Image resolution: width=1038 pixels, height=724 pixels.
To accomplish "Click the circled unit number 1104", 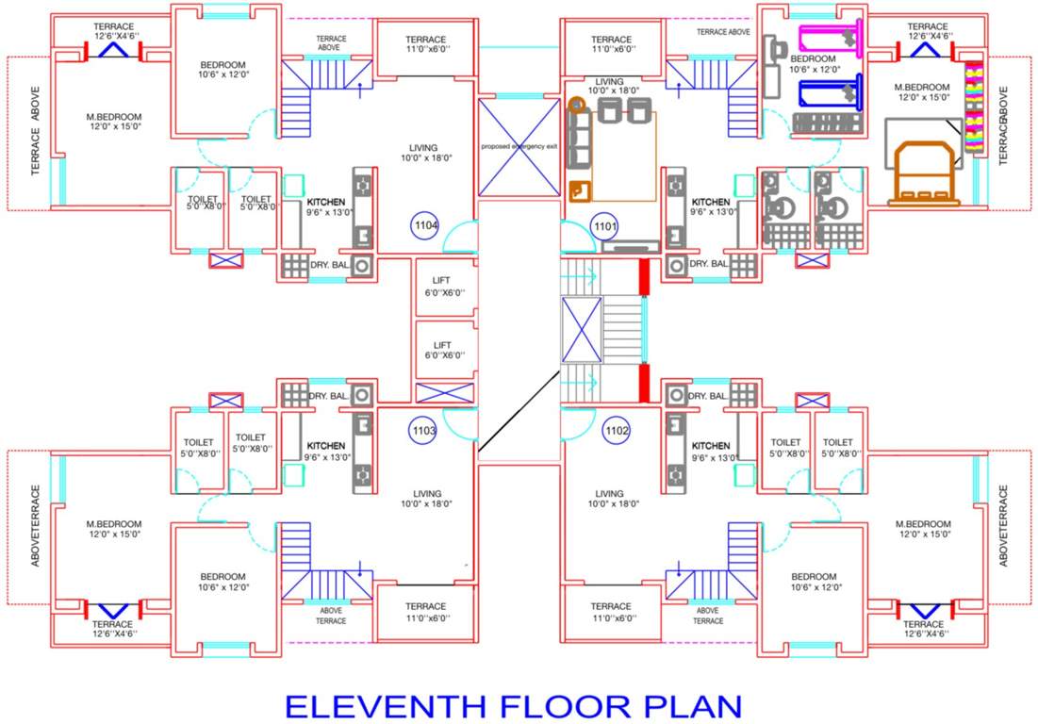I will click(x=425, y=226).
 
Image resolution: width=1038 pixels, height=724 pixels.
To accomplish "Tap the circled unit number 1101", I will click(x=604, y=226).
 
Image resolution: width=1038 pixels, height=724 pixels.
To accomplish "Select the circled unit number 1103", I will click(x=424, y=432).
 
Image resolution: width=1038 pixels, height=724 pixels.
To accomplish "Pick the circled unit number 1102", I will click(x=617, y=432).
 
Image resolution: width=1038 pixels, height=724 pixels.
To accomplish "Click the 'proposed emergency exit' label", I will click(x=519, y=147).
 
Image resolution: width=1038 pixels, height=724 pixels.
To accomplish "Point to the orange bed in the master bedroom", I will click(x=924, y=173).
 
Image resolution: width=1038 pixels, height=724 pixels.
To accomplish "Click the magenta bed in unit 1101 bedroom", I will click(x=831, y=39).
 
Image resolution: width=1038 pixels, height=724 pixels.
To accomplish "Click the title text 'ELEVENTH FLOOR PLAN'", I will click(x=514, y=705).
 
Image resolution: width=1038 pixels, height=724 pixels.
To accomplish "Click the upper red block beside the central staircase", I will click(x=645, y=276).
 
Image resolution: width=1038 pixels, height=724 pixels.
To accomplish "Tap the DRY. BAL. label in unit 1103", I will click(x=328, y=395).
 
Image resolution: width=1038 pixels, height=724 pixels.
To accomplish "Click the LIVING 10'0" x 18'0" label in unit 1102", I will click(x=609, y=498).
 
